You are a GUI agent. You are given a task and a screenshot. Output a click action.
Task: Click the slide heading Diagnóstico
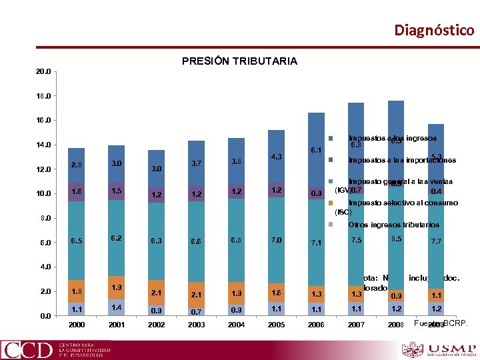click(x=434, y=30)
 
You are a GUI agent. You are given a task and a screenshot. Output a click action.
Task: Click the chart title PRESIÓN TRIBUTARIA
click(x=239, y=61)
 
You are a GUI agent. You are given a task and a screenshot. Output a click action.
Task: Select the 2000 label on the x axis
click(x=77, y=325)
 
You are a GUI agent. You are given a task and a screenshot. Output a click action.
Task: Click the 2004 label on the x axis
click(x=236, y=325)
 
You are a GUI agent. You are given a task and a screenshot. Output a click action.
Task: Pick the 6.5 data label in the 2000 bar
click(x=77, y=241)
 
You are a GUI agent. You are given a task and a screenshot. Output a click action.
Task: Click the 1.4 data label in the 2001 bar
click(x=117, y=307)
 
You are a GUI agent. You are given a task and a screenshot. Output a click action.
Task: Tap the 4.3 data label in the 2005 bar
click(x=276, y=157)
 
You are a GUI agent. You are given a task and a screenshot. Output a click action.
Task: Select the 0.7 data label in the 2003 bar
click(x=196, y=311)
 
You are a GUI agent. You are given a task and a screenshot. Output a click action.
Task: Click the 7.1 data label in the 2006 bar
click(x=316, y=243)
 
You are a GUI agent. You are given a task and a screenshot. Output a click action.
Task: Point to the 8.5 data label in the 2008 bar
click(x=396, y=239)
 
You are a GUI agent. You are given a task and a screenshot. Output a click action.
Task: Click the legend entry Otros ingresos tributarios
click(x=393, y=225)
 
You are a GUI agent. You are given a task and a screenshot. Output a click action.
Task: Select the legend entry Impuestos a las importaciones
click(x=401, y=160)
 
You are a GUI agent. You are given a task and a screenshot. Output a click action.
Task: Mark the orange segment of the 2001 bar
click(x=117, y=287)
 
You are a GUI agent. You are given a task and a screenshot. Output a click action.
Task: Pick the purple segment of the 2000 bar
click(x=77, y=191)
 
